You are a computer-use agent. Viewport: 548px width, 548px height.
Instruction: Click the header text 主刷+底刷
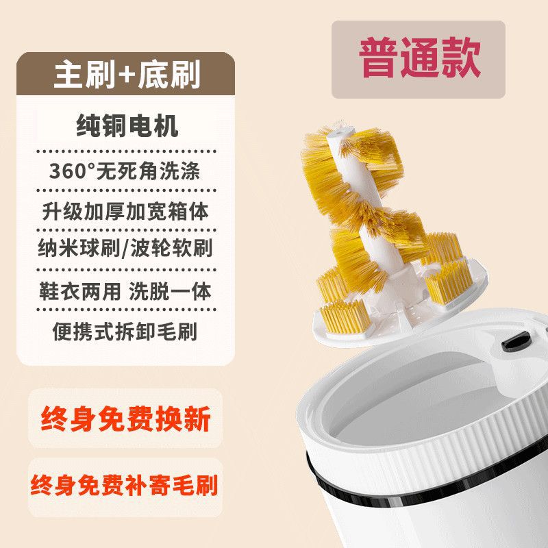coord(126,75)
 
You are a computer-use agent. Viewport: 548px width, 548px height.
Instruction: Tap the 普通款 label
coord(419,59)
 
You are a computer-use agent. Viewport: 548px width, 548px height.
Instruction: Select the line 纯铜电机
coord(126,127)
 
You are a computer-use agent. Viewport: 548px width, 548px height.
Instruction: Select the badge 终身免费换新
coord(125,418)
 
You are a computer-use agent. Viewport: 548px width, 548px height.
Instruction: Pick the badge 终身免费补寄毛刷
coord(125,486)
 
